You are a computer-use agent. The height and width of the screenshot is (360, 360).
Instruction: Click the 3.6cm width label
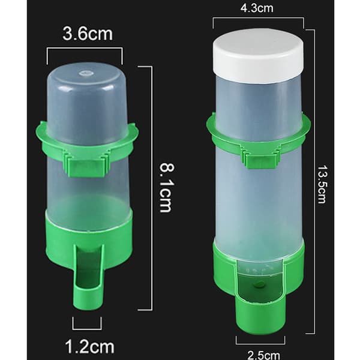(x=88, y=34)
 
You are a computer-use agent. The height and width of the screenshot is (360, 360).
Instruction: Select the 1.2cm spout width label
(x=90, y=346)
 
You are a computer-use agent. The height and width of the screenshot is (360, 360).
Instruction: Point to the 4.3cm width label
(x=257, y=8)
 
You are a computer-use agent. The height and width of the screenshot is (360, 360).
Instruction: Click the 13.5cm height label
(x=322, y=184)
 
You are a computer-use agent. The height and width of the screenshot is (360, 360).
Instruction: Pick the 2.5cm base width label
(x=264, y=355)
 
